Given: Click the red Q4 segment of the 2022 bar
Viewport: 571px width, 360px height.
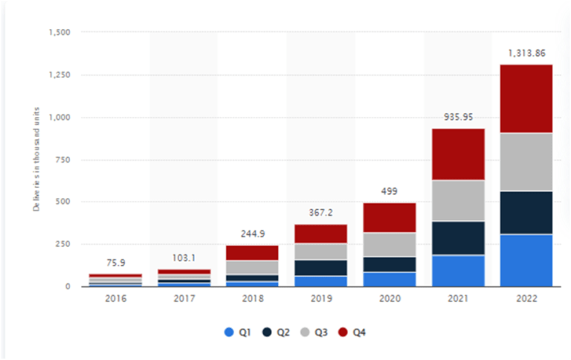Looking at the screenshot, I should [526, 99].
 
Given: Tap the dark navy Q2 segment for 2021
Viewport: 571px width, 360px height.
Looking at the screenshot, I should [459, 238].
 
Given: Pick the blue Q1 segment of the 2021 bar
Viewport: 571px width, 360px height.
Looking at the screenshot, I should [459, 271].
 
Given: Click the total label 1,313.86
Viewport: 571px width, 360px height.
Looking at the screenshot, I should [526, 54].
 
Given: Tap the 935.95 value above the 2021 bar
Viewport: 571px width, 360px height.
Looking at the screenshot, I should [459, 117].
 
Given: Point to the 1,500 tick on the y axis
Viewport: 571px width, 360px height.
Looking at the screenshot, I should [58, 32].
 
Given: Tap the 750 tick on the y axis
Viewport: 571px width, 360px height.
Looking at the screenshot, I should [62, 159].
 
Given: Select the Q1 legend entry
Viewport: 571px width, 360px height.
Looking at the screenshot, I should [236, 332].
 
